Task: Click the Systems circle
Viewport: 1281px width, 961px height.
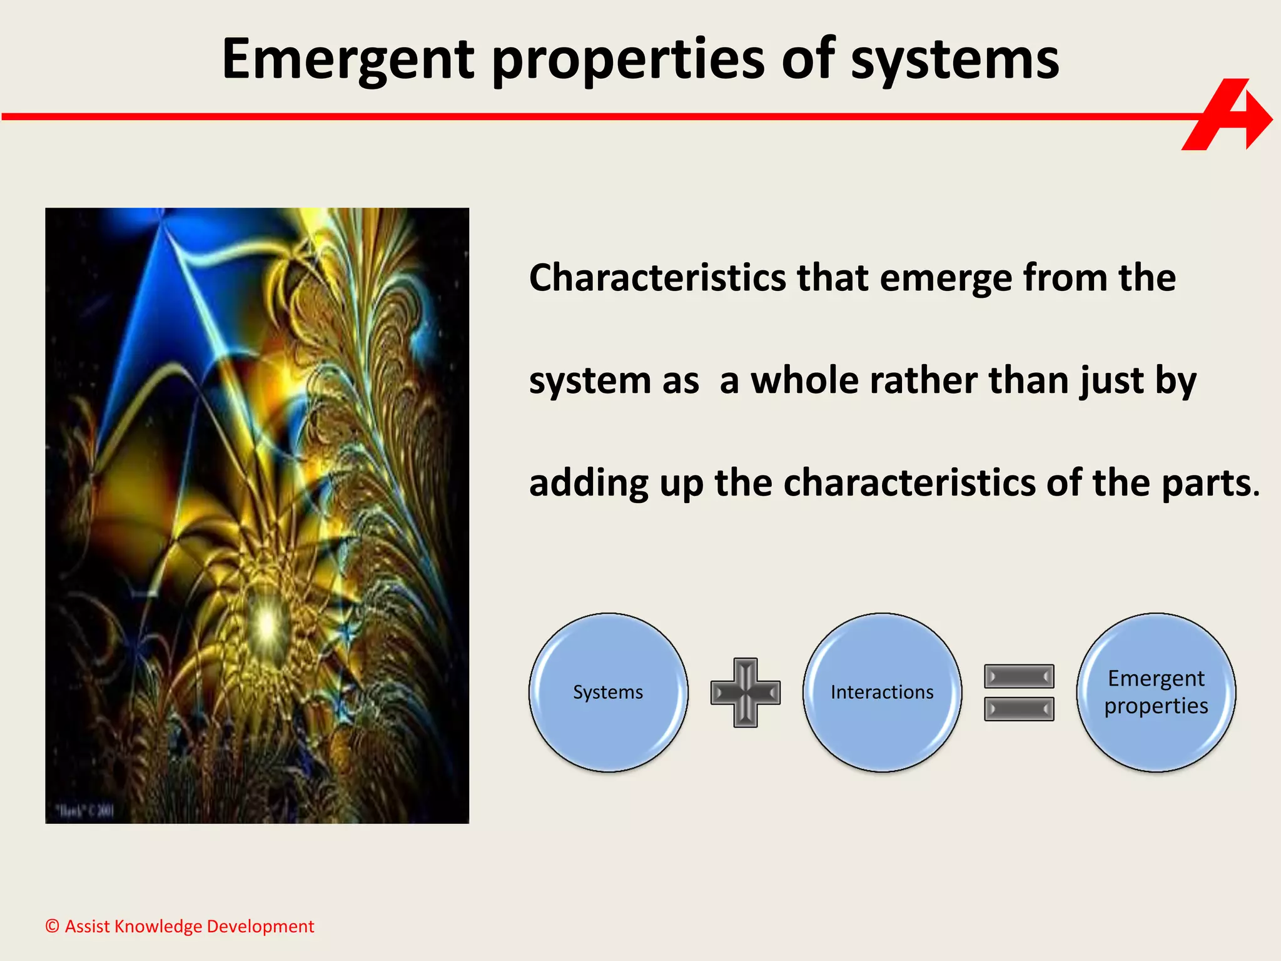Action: (x=608, y=692)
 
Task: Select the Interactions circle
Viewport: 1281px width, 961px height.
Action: (x=882, y=692)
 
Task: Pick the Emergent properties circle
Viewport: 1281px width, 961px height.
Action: (x=1156, y=692)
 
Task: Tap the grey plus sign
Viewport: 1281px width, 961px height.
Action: (x=745, y=692)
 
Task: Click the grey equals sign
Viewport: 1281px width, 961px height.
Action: (x=1019, y=692)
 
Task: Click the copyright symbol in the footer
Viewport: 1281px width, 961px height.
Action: (x=53, y=926)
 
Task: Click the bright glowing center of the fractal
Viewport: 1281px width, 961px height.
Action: (x=268, y=623)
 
